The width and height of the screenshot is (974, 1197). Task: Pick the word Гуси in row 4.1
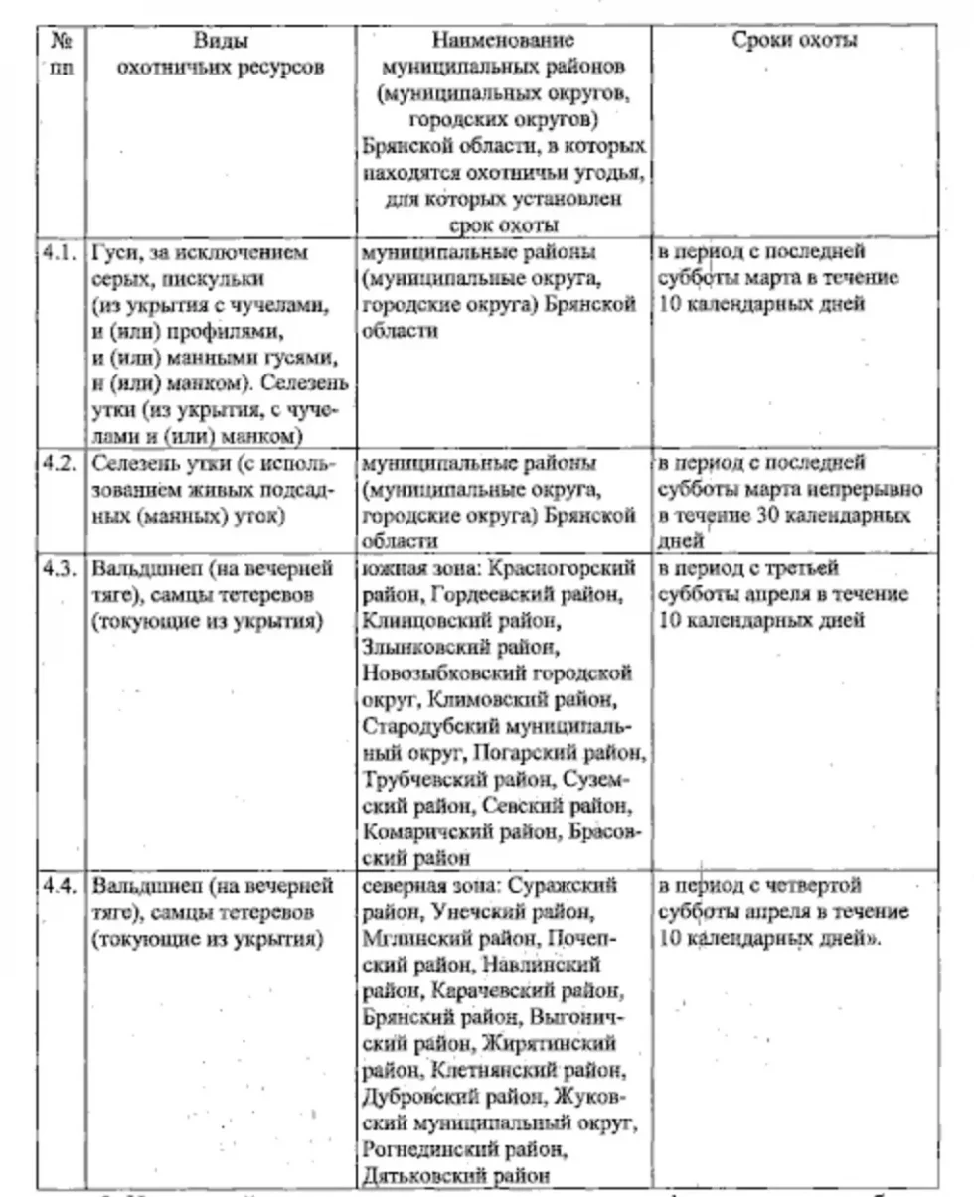(113, 253)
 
